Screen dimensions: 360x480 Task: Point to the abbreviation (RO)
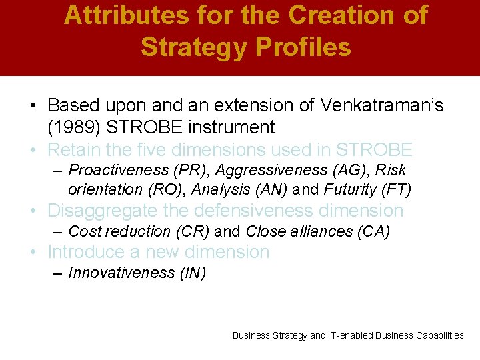[169, 189]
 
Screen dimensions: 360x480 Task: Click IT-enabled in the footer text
[350, 335]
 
